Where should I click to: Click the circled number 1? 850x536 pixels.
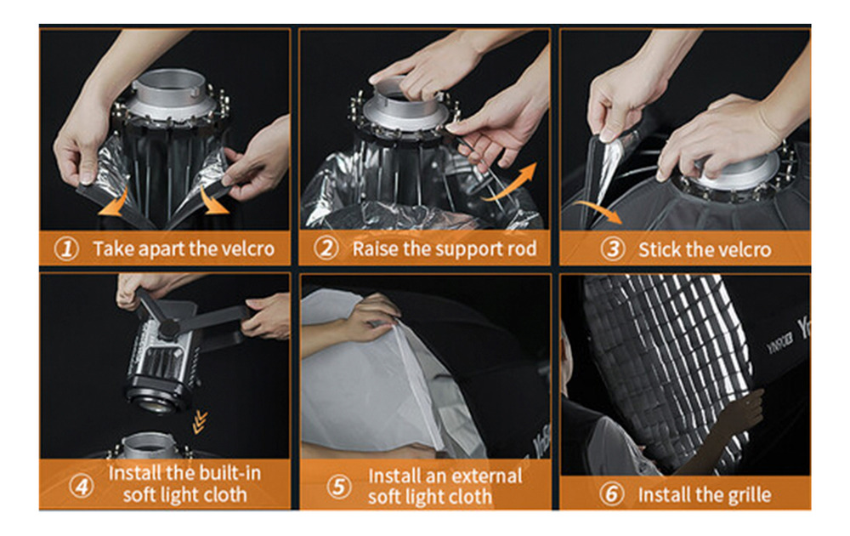[x=66, y=249]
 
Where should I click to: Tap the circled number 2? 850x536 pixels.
[x=326, y=248]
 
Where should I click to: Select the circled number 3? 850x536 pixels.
[x=613, y=249]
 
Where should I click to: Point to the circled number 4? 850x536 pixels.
[x=82, y=486]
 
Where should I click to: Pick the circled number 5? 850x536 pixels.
[x=339, y=487]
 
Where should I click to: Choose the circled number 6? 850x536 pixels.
[x=611, y=494]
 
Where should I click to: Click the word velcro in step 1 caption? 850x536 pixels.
[x=247, y=249]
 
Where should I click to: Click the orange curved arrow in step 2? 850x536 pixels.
[x=509, y=183]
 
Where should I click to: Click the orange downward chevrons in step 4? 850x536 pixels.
[x=201, y=422]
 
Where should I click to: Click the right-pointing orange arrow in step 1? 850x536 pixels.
[x=213, y=201]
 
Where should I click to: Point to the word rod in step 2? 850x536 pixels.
[x=522, y=248]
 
